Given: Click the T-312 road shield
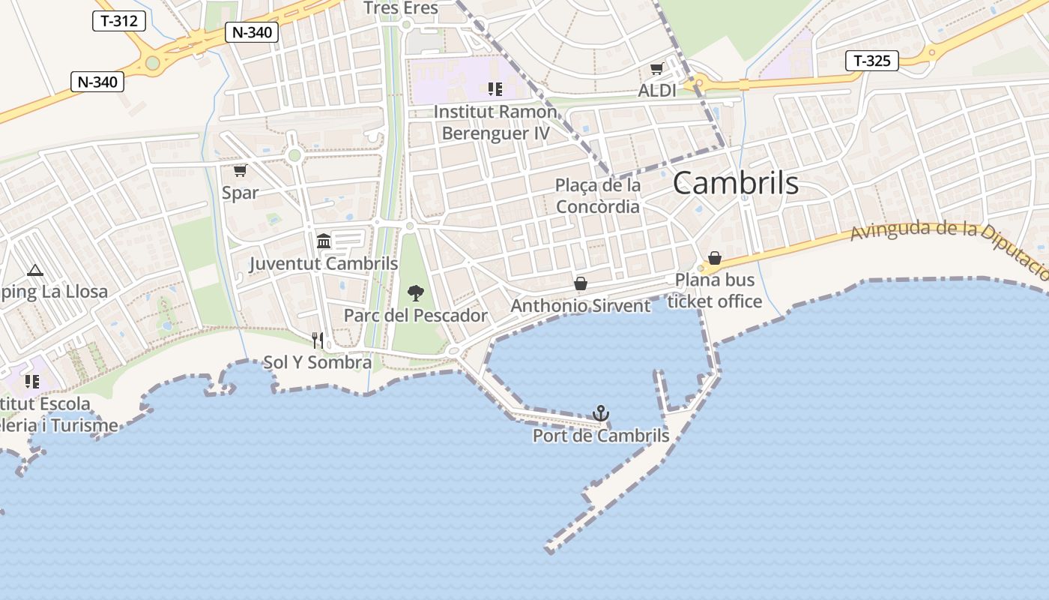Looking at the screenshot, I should [x=119, y=21].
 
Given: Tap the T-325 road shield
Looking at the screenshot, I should [x=872, y=61].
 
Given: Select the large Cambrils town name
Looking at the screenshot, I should [x=736, y=183].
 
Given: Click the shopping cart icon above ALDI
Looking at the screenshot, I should [x=656, y=69].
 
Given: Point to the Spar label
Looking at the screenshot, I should [x=240, y=193].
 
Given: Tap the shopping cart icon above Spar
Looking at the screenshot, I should [x=240, y=171].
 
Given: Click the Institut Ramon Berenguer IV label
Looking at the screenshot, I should [x=495, y=123].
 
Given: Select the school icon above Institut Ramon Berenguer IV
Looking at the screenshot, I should [x=495, y=89].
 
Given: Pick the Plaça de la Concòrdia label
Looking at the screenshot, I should [x=598, y=196].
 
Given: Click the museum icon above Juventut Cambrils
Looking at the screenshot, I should [x=324, y=241].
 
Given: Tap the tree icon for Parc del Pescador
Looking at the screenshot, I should [x=415, y=293].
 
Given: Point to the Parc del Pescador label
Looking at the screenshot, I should [x=415, y=316].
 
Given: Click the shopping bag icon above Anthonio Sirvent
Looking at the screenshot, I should [x=580, y=283].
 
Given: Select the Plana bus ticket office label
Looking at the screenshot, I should [x=715, y=291].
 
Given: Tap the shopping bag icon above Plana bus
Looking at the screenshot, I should [x=715, y=258].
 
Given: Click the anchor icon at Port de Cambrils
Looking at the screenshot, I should [x=600, y=412].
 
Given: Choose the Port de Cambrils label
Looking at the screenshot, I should [x=600, y=436].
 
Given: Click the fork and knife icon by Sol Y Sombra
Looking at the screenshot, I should [x=318, y=340].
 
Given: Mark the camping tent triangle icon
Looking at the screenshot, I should [x=34, y=270].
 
